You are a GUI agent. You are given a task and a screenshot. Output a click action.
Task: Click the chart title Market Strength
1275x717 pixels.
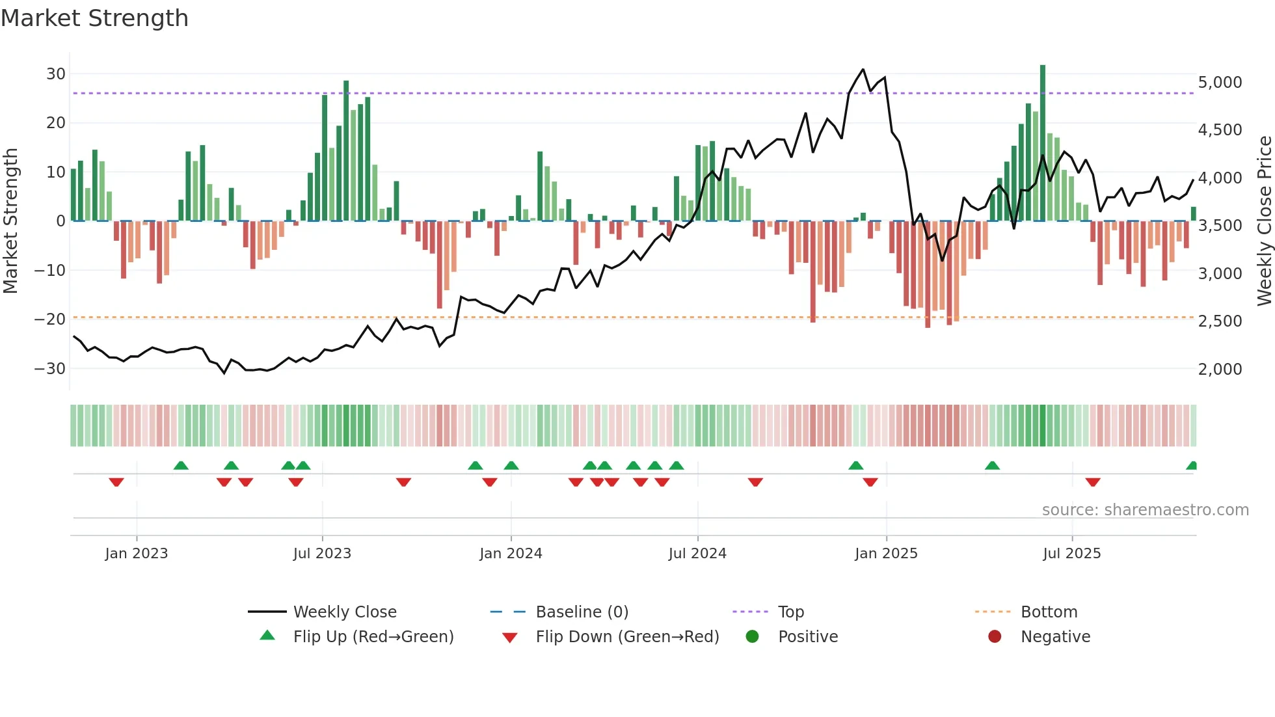[94, 18]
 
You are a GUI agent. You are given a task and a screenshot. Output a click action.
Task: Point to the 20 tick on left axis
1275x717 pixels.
[56, 123]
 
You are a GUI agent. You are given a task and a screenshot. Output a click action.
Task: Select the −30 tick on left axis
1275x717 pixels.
[50, 368]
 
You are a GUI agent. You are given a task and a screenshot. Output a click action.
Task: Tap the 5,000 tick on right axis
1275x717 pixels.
[1220, 83]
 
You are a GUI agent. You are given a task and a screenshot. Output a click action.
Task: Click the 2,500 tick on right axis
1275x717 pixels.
[1220, 321]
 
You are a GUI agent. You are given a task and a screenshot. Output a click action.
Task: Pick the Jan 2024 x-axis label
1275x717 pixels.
[511, 554]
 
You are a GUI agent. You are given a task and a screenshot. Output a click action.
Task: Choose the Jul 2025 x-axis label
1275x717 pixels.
[1071, 554]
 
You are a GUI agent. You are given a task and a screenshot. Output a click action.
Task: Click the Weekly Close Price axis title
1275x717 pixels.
[1264, 221]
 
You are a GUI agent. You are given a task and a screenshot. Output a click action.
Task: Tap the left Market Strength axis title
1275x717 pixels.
[10, 221]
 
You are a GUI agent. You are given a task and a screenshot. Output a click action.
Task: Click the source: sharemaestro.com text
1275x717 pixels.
[1145, 510]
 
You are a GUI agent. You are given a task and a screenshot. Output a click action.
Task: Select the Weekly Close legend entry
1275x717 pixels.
[344, 612]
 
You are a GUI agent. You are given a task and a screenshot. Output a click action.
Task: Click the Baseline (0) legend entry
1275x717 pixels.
[582, 612]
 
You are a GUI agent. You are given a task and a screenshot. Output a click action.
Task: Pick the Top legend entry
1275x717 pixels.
[790, 612]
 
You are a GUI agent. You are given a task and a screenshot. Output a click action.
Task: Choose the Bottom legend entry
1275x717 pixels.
[1049, 612]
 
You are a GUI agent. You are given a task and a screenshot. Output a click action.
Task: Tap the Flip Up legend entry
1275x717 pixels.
[373, 637]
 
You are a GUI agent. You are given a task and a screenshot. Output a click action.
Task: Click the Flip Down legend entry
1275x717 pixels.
[626, 637]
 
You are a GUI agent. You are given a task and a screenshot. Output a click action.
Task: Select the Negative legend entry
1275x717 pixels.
[1054, 637]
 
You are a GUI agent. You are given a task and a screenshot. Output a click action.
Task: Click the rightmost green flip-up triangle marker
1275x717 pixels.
[1192, 466]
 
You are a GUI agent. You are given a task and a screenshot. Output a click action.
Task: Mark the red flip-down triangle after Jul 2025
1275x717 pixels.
[1093, 482]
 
